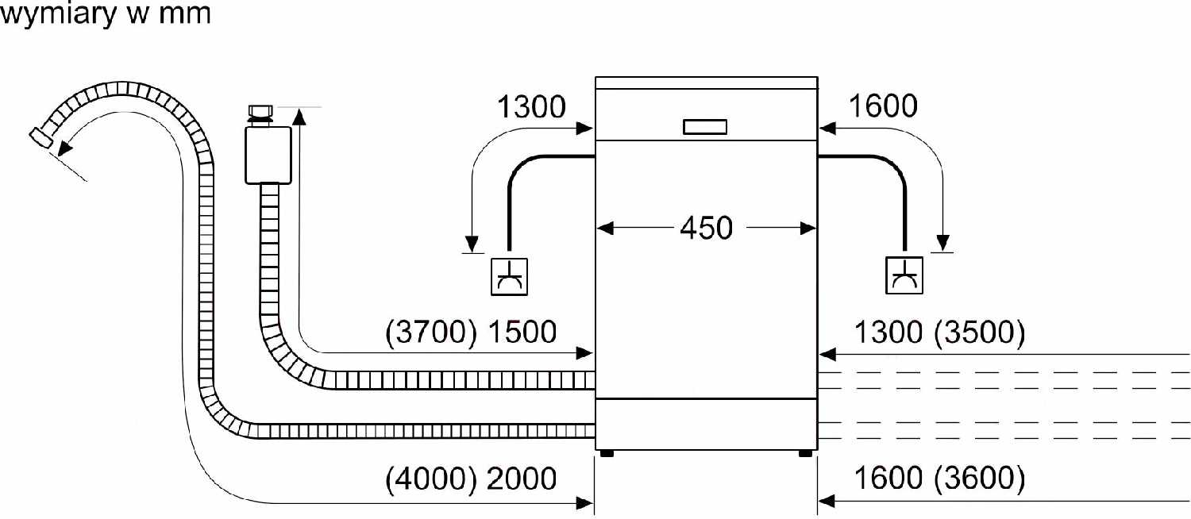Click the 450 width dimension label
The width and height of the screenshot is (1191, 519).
(706, 229)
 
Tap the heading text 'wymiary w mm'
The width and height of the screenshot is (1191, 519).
(106, 13)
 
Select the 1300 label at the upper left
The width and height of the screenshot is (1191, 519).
(531, 107)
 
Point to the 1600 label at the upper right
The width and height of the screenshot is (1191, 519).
(883, 106)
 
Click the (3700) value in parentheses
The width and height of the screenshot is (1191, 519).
(431, 332)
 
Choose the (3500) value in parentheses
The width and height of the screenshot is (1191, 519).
(979, 333)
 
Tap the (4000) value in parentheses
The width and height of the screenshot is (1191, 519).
(431, 479)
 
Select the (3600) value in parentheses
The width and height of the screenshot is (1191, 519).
(979, 478)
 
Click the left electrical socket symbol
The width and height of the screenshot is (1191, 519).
(509, 277)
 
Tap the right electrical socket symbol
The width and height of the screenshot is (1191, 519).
(904, 275)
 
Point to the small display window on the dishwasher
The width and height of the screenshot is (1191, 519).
(704, 127)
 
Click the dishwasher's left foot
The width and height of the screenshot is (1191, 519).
(606, 454)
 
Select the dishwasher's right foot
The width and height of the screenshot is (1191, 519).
(806, 454)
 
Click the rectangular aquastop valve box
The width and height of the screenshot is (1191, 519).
(268, 155)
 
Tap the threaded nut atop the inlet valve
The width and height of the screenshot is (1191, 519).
(260, 112)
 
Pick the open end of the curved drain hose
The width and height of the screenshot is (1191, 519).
(40, 137)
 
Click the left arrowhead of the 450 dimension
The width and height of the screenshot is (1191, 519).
(605, 229)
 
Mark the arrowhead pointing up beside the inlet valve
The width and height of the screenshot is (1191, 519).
(300, 117)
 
